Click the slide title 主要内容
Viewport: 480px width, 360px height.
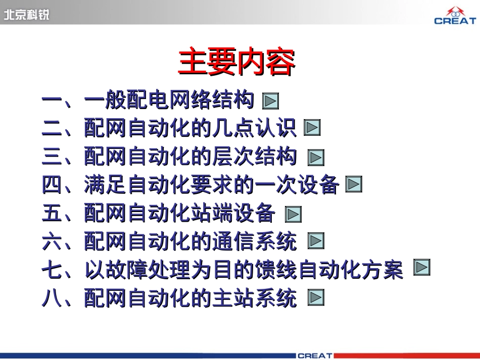pyautogui.click(x=236, y=63)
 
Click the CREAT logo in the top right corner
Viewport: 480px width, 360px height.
pyautogui.click(x=455, y=16)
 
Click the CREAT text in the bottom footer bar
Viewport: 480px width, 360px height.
pyautogui.click(x=315, y=355)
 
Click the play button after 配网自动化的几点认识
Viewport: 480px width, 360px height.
pyautogui.click(x=312, y=128)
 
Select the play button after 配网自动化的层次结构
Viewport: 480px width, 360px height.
pyautogui.click(x=316, y=158)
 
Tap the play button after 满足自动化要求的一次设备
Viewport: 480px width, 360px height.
pyautogui.click(x=354, y=185)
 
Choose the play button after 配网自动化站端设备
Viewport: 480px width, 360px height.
pyautogui.click(x=293, y=214)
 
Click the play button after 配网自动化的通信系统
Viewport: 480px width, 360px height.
pyautogui.click(x=316, y=241)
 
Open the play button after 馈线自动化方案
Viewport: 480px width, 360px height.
pyautogui.click(x=422, y=267)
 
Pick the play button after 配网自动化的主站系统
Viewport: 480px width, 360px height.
pyautogui.click(x=316, y=298)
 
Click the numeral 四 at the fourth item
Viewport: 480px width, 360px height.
pyautogui.click(x=52, y=185)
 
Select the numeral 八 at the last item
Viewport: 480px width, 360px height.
pyautogui.click(x=52, y=298)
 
